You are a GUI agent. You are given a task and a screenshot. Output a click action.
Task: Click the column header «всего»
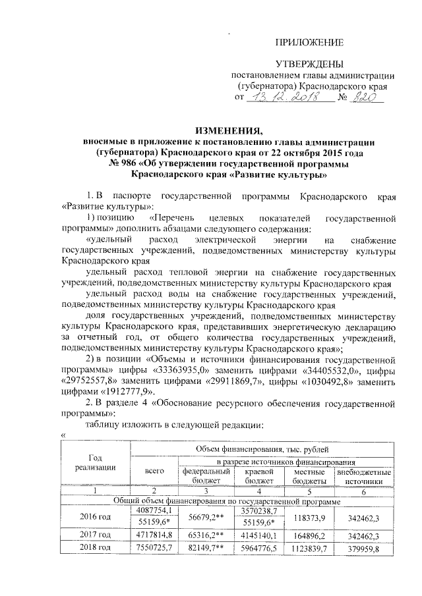(154, 470)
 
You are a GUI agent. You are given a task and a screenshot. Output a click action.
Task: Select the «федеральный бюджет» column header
(206, 475)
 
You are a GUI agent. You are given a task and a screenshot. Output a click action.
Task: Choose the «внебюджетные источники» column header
(363, 475)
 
